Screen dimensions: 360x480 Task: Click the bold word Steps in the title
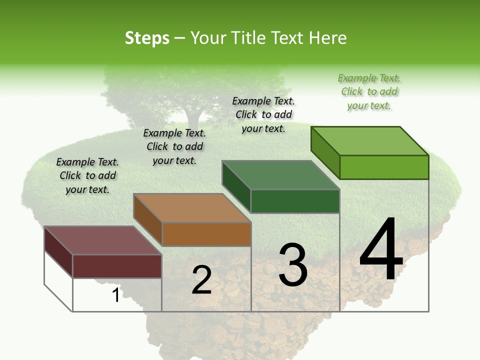point(147,38)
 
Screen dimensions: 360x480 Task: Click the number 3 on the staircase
point(293,265)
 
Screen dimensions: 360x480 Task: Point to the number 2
point(201,280)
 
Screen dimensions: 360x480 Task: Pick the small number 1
point(115,295)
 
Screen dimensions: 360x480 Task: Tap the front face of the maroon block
point(117,266)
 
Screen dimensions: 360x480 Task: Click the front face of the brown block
point(206,234)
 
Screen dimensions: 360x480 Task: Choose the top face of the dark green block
point(280,175)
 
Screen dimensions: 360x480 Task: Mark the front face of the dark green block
point(295,201)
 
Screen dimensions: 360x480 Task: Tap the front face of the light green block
point(384,167)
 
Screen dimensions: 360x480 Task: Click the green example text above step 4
point(369,92)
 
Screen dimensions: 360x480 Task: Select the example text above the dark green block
point(263,114)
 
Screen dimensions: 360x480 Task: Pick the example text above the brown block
point(174,146)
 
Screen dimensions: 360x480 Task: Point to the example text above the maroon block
point(87,175)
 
